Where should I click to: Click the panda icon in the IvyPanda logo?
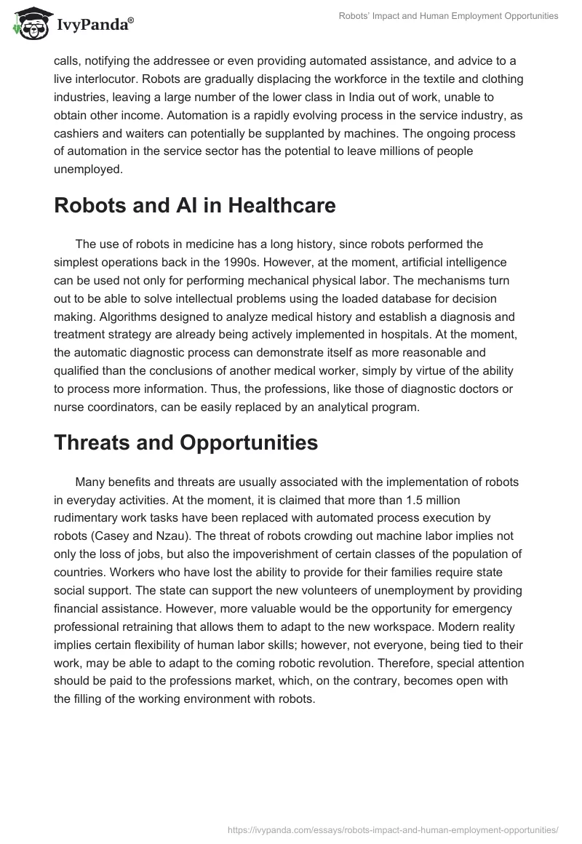[x=30, y=23]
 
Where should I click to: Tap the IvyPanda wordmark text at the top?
[x=95, y=25]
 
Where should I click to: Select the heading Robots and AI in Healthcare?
[x=195, y=206]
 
